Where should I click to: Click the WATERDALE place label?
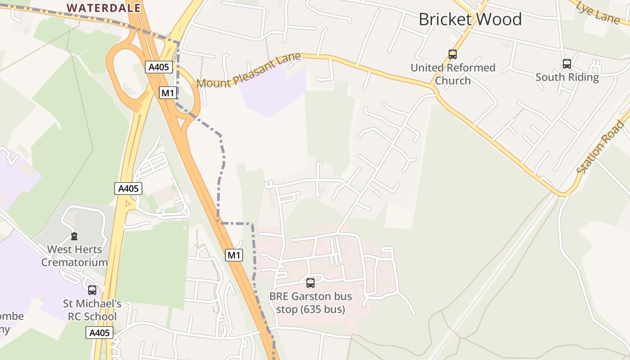103,8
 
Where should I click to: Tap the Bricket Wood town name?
470,19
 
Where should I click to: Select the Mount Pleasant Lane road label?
249,71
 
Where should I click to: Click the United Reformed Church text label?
453,74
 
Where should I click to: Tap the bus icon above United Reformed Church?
453,54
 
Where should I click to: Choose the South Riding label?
567,77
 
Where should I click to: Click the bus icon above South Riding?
567,64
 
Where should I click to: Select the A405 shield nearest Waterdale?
159,67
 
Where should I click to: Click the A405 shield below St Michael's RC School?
99,333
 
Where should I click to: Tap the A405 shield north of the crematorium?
128,189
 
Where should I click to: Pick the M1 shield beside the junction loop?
168,93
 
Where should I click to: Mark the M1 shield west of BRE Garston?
234,256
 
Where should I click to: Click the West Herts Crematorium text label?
75,256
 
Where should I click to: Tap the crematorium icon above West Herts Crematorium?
74,236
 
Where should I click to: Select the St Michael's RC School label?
92,310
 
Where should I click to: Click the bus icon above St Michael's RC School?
92,290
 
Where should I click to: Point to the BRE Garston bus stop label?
310,303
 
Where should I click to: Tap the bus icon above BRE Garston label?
310,283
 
